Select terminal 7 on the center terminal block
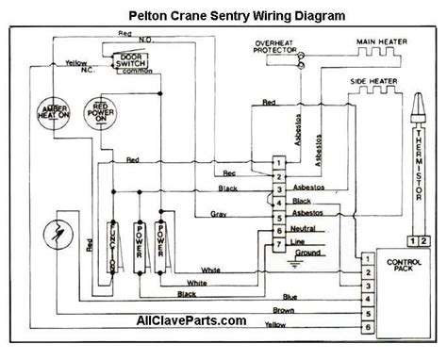click(x=277, y=245)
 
